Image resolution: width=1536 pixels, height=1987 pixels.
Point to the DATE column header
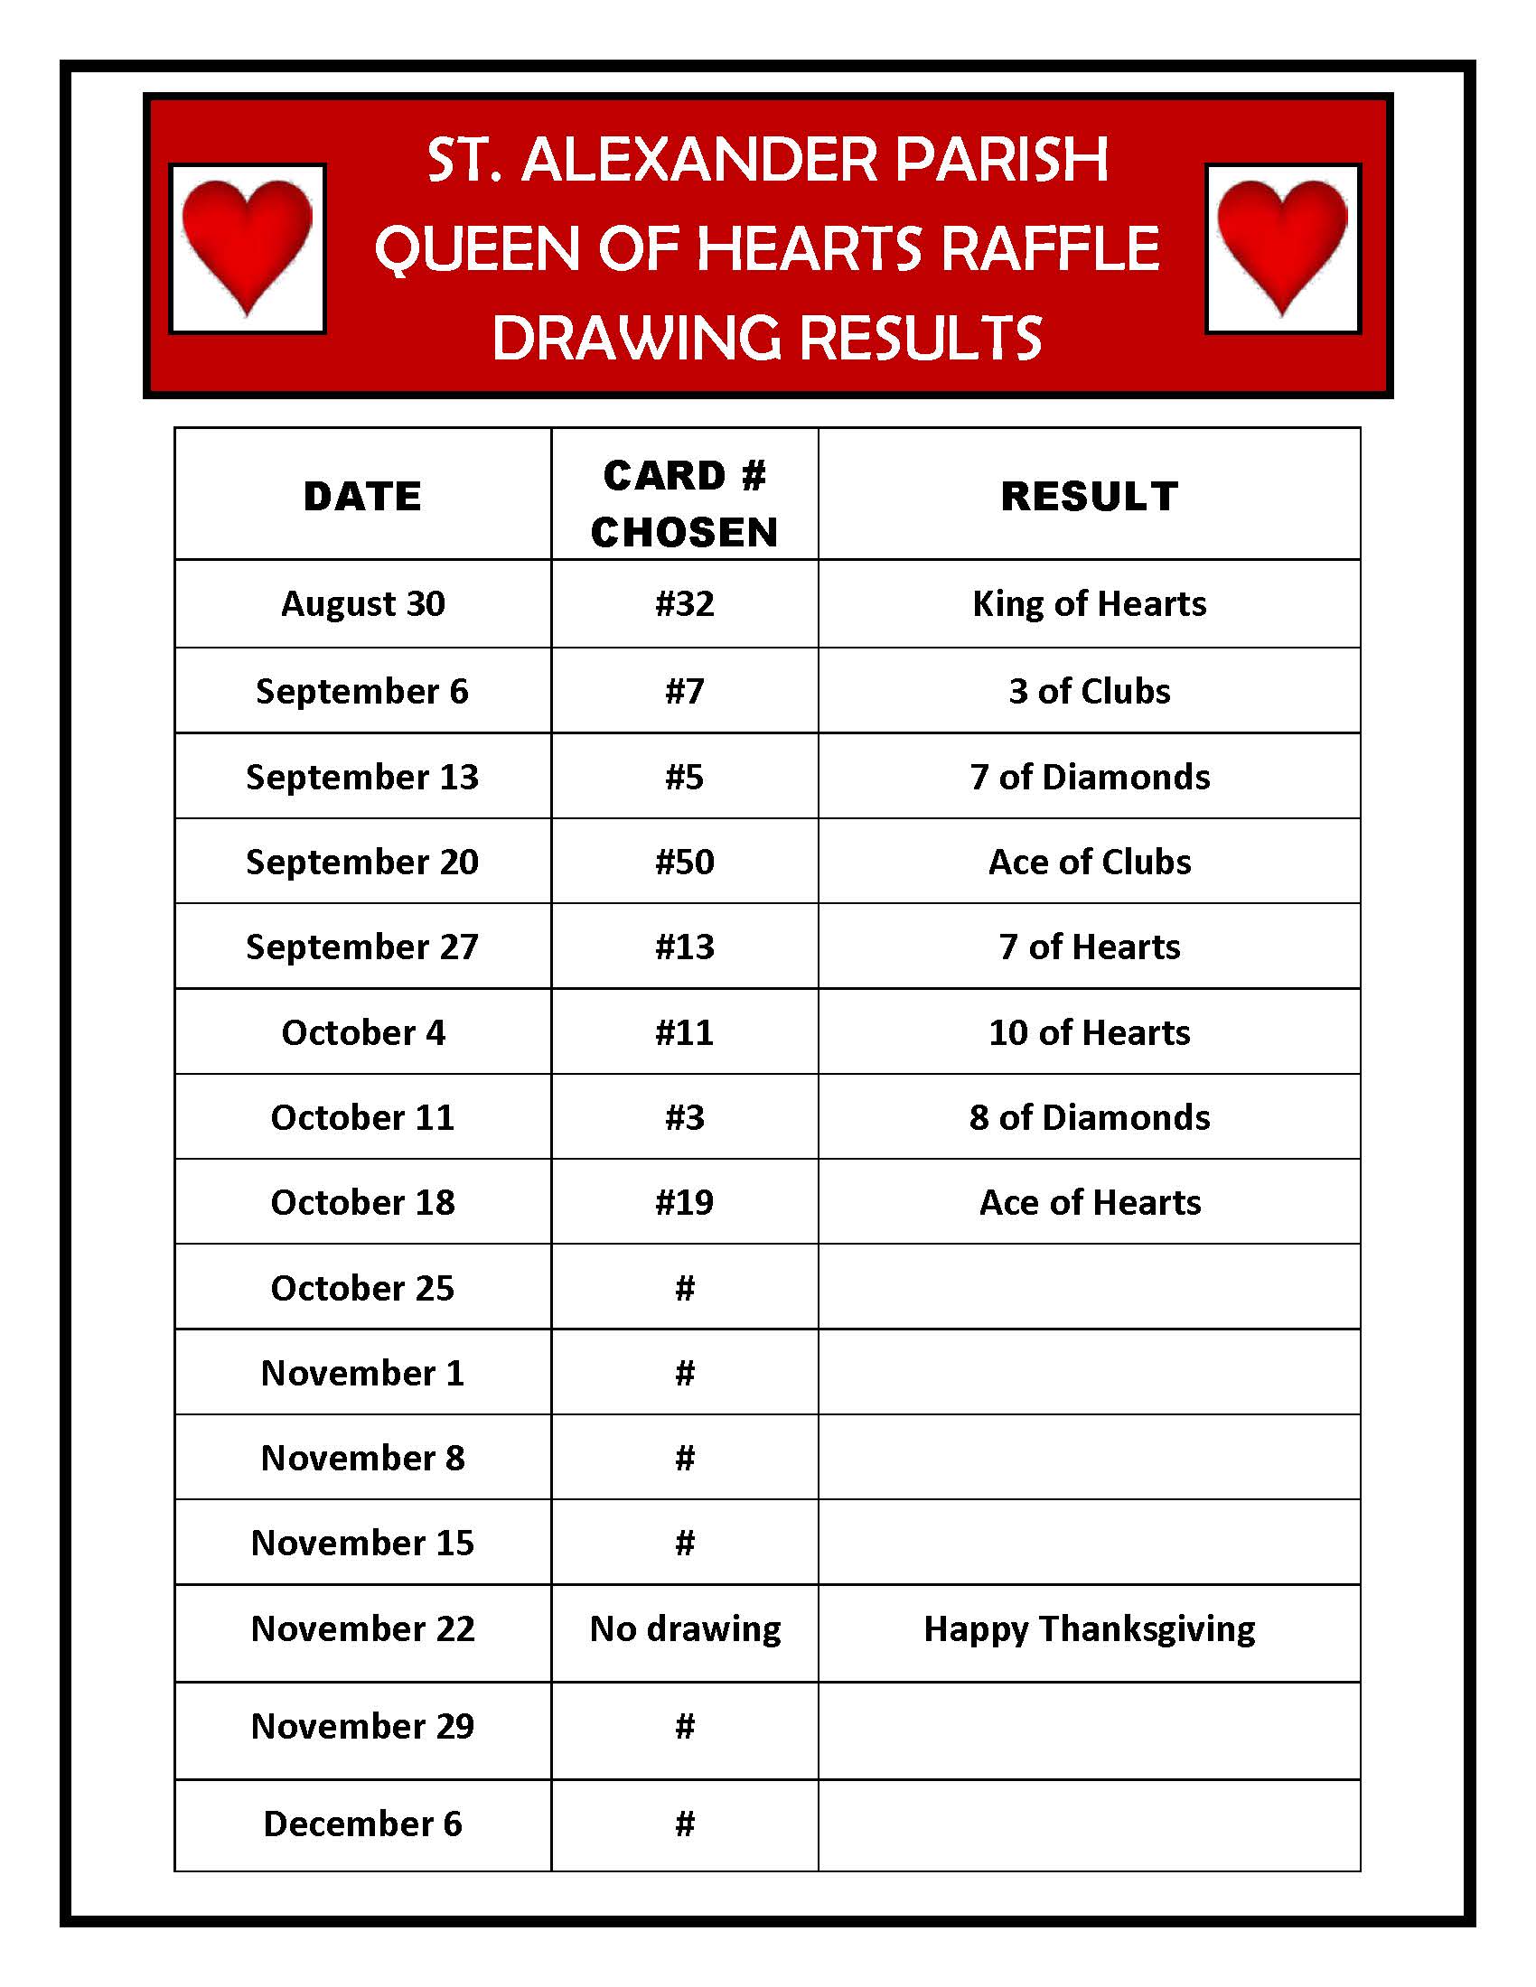[362, 497]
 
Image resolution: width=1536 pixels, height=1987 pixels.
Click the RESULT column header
[1090, 497]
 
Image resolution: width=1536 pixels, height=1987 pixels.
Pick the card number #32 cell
[684, 604]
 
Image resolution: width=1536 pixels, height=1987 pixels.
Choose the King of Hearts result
[1090, 604]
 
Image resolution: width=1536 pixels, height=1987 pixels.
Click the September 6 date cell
[362, 692]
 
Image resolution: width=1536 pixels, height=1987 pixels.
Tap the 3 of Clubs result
[1090, 692]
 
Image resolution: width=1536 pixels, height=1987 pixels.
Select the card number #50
[684, 862]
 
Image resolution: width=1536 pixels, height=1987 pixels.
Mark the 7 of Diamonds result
[1090, 777]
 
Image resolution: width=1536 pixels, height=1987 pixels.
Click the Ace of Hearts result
[1090, 1203]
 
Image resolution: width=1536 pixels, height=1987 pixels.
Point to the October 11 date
[362, 1117]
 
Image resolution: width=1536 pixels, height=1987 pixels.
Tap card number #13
[684, 947]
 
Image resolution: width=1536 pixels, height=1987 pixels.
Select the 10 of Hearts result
[1090, 1032]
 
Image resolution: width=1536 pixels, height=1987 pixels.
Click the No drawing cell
[684, 1628]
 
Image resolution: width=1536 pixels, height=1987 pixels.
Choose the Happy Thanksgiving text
[1090, 1628]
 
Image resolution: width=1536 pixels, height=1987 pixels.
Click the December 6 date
[362, 1824]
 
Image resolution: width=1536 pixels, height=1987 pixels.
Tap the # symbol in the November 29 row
[684, 1726]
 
